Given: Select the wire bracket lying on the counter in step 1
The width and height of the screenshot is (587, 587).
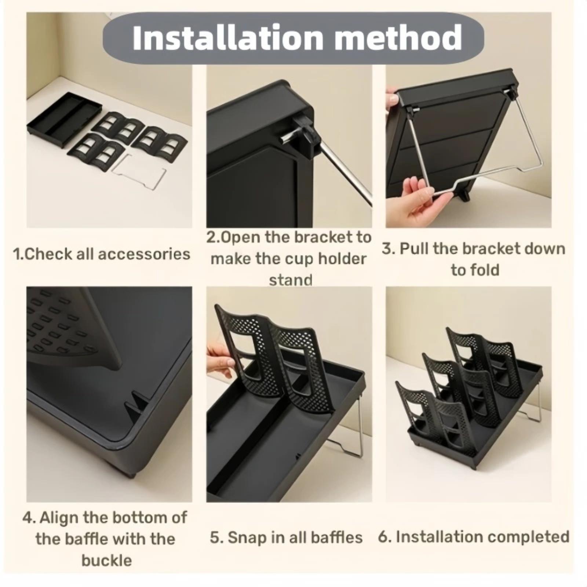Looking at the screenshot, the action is (x=138, y=172).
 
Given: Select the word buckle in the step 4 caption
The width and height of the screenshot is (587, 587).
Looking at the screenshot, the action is (x=106, y=561).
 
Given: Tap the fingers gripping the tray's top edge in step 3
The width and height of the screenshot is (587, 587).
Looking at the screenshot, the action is (x=392, y=101).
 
